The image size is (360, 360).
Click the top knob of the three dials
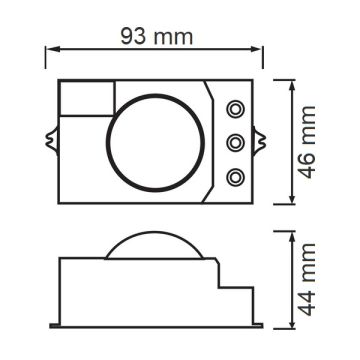click(x=236, y=108)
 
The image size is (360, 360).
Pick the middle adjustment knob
click(x=236, y=143)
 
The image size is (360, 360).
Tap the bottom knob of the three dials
click(x=236, y=177)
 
